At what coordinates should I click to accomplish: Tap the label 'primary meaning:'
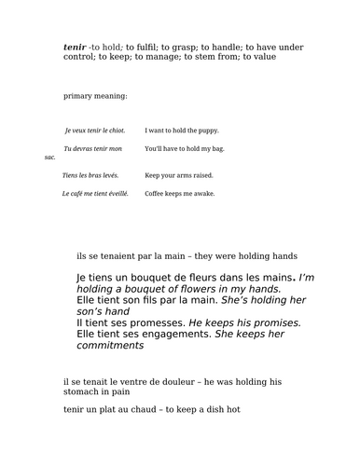(x=95, y=97)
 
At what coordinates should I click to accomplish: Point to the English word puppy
(x=207, y=130)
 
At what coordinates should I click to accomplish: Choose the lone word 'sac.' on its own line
(x=50, y=158)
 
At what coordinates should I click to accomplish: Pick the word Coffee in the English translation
(x=155, y=194)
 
